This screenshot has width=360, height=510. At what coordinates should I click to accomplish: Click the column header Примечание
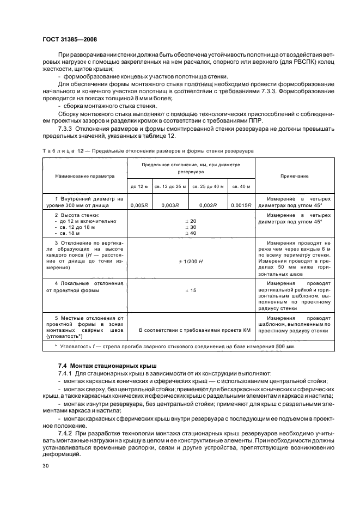[294, 177]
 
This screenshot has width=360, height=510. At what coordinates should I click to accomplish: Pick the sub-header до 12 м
[139, 186]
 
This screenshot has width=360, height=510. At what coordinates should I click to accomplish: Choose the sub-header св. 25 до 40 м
[208, 186]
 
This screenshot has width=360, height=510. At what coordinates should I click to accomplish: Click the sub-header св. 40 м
[241, 186]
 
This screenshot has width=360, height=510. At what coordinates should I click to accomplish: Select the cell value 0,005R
[139, 205]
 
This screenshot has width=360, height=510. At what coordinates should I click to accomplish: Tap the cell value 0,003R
[170, 205]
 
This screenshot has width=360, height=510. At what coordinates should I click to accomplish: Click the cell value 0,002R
[208, 205]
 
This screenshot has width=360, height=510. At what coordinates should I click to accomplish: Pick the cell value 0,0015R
[241, 205]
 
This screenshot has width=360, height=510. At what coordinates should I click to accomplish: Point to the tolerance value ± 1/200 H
[190, 262]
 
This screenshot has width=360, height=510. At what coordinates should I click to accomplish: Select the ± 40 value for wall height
[190, 233]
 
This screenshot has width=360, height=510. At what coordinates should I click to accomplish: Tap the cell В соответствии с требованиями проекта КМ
[190, 330]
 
